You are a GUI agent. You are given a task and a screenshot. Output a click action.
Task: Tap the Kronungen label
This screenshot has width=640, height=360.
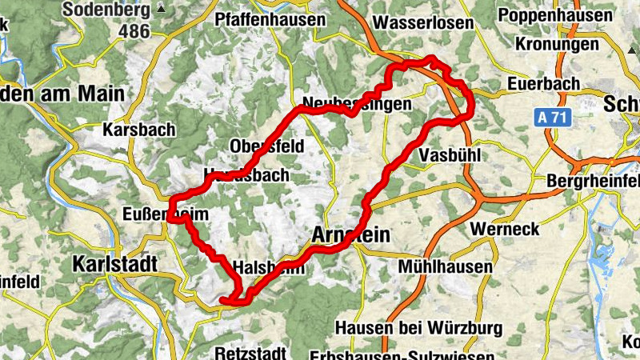[557, 44]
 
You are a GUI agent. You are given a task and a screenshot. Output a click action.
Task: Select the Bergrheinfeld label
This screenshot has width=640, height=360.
[593, 182]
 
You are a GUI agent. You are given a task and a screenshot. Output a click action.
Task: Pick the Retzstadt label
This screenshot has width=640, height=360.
[250, 352]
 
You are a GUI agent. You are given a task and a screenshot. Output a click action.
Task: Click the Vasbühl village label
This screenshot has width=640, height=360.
[450, 155]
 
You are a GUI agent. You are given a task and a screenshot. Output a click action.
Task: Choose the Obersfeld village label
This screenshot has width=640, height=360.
[266, 147]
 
